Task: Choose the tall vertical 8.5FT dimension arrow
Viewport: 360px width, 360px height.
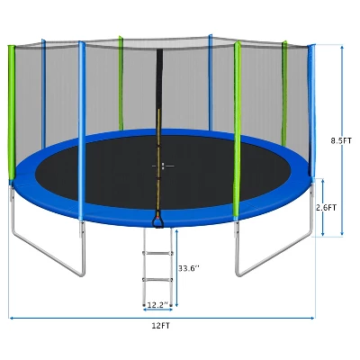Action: point(343,90)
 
